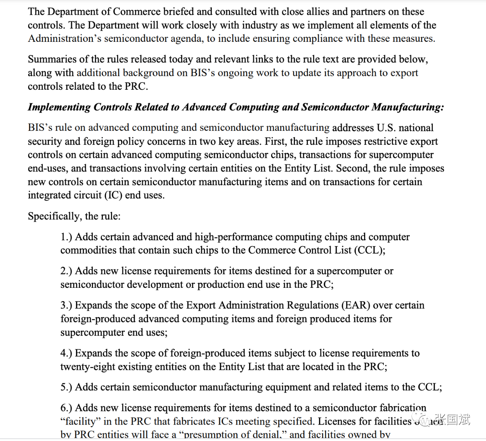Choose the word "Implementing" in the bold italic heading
click(x=59, y=107)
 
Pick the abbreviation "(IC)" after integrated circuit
click(x=113, y=195)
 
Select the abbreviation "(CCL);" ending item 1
click(x=370, y=250)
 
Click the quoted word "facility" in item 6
click(x=80, y=421)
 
